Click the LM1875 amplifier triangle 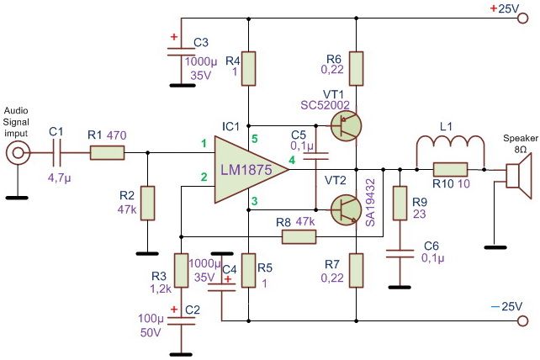245,169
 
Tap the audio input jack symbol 17,153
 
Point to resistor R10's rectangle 450,168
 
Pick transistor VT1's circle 344,126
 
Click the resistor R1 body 107,152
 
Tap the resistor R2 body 148,203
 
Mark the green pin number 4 291,159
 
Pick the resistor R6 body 356,68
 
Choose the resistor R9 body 400,202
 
